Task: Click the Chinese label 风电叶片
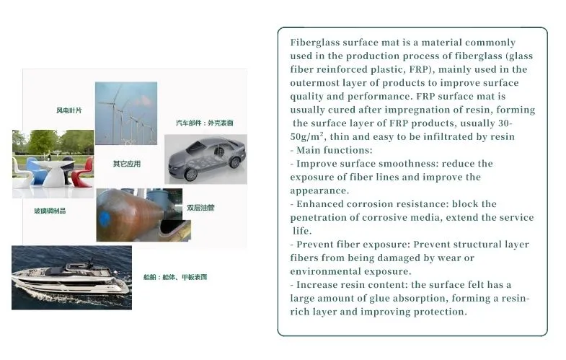click(69, 110)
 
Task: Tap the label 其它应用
click(127, 164)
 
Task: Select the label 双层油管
click(200, 208)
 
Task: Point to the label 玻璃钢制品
click(50, 211)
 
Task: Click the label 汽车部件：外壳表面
click(205, 123)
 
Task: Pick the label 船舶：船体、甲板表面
click(175, 277)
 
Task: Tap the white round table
click(54, 172)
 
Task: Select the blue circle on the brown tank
click(105, 218)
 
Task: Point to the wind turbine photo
click(126, 113)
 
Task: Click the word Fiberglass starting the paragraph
click(315, 43)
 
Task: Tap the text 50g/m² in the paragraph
click(307, 136)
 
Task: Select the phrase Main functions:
click(335, 150)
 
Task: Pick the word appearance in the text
click(319, 191)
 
